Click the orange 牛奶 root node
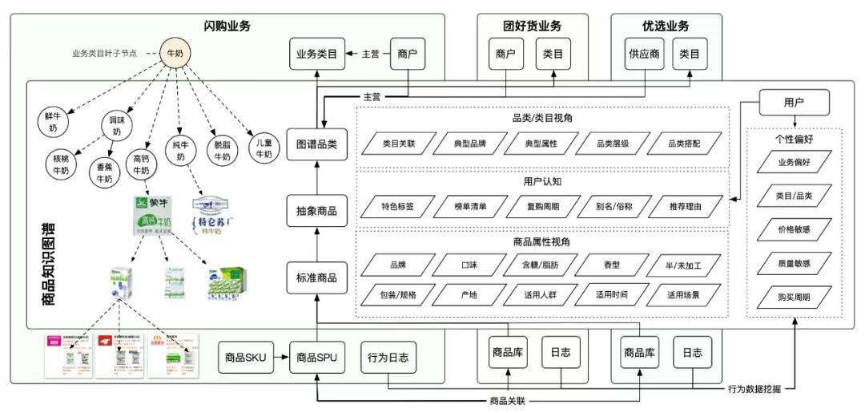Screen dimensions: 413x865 [175, 54]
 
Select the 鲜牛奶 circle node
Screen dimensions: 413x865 [52, 122]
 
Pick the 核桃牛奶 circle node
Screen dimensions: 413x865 [61, 164]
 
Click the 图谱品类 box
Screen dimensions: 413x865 [317, 144]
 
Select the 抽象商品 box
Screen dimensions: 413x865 [317, 211]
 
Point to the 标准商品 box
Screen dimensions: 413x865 [317, 278]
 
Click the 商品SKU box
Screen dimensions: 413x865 [246, 358]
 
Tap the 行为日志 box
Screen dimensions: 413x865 [388, 358]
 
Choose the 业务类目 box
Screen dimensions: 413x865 [317, 55]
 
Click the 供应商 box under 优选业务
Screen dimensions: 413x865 [646, 55]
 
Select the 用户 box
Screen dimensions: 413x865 [794, 103]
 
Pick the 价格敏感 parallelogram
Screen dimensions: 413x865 [794, 229]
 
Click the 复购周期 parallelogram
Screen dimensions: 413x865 [542, 207]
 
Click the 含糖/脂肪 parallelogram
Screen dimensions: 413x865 [542, 265]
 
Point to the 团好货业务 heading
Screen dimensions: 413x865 [533, 26]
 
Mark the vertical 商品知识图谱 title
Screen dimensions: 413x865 [46, 265]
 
